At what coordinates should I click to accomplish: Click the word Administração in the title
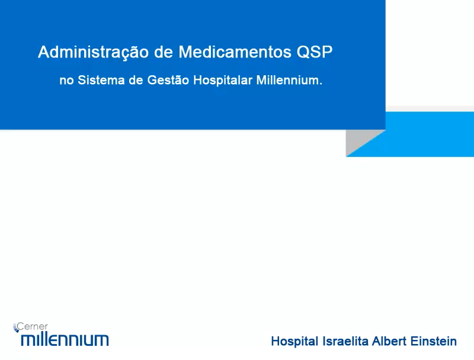point(93,53)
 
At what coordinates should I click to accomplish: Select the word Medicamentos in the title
point(235,52)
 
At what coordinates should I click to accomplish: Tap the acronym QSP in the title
point(315,52)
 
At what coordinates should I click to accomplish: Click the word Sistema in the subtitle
point(101,81)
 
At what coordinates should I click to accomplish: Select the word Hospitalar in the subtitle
point(223,81)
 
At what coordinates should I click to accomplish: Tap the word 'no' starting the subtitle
point(66,81)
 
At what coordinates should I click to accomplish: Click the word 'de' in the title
point(164,52)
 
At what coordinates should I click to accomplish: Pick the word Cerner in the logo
point(33,326)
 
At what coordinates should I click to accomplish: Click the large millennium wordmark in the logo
point(65,339)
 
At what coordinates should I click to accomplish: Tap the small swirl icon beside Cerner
point(16,327)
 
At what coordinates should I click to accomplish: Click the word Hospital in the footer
point(294,342)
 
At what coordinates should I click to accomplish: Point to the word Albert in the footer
point(389,341)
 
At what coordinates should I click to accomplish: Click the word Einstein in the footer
point(434,341)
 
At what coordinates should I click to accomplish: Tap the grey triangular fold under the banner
point(359,140)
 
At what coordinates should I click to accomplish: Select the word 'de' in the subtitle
point(136,81)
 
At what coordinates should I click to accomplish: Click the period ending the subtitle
point(321,84)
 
